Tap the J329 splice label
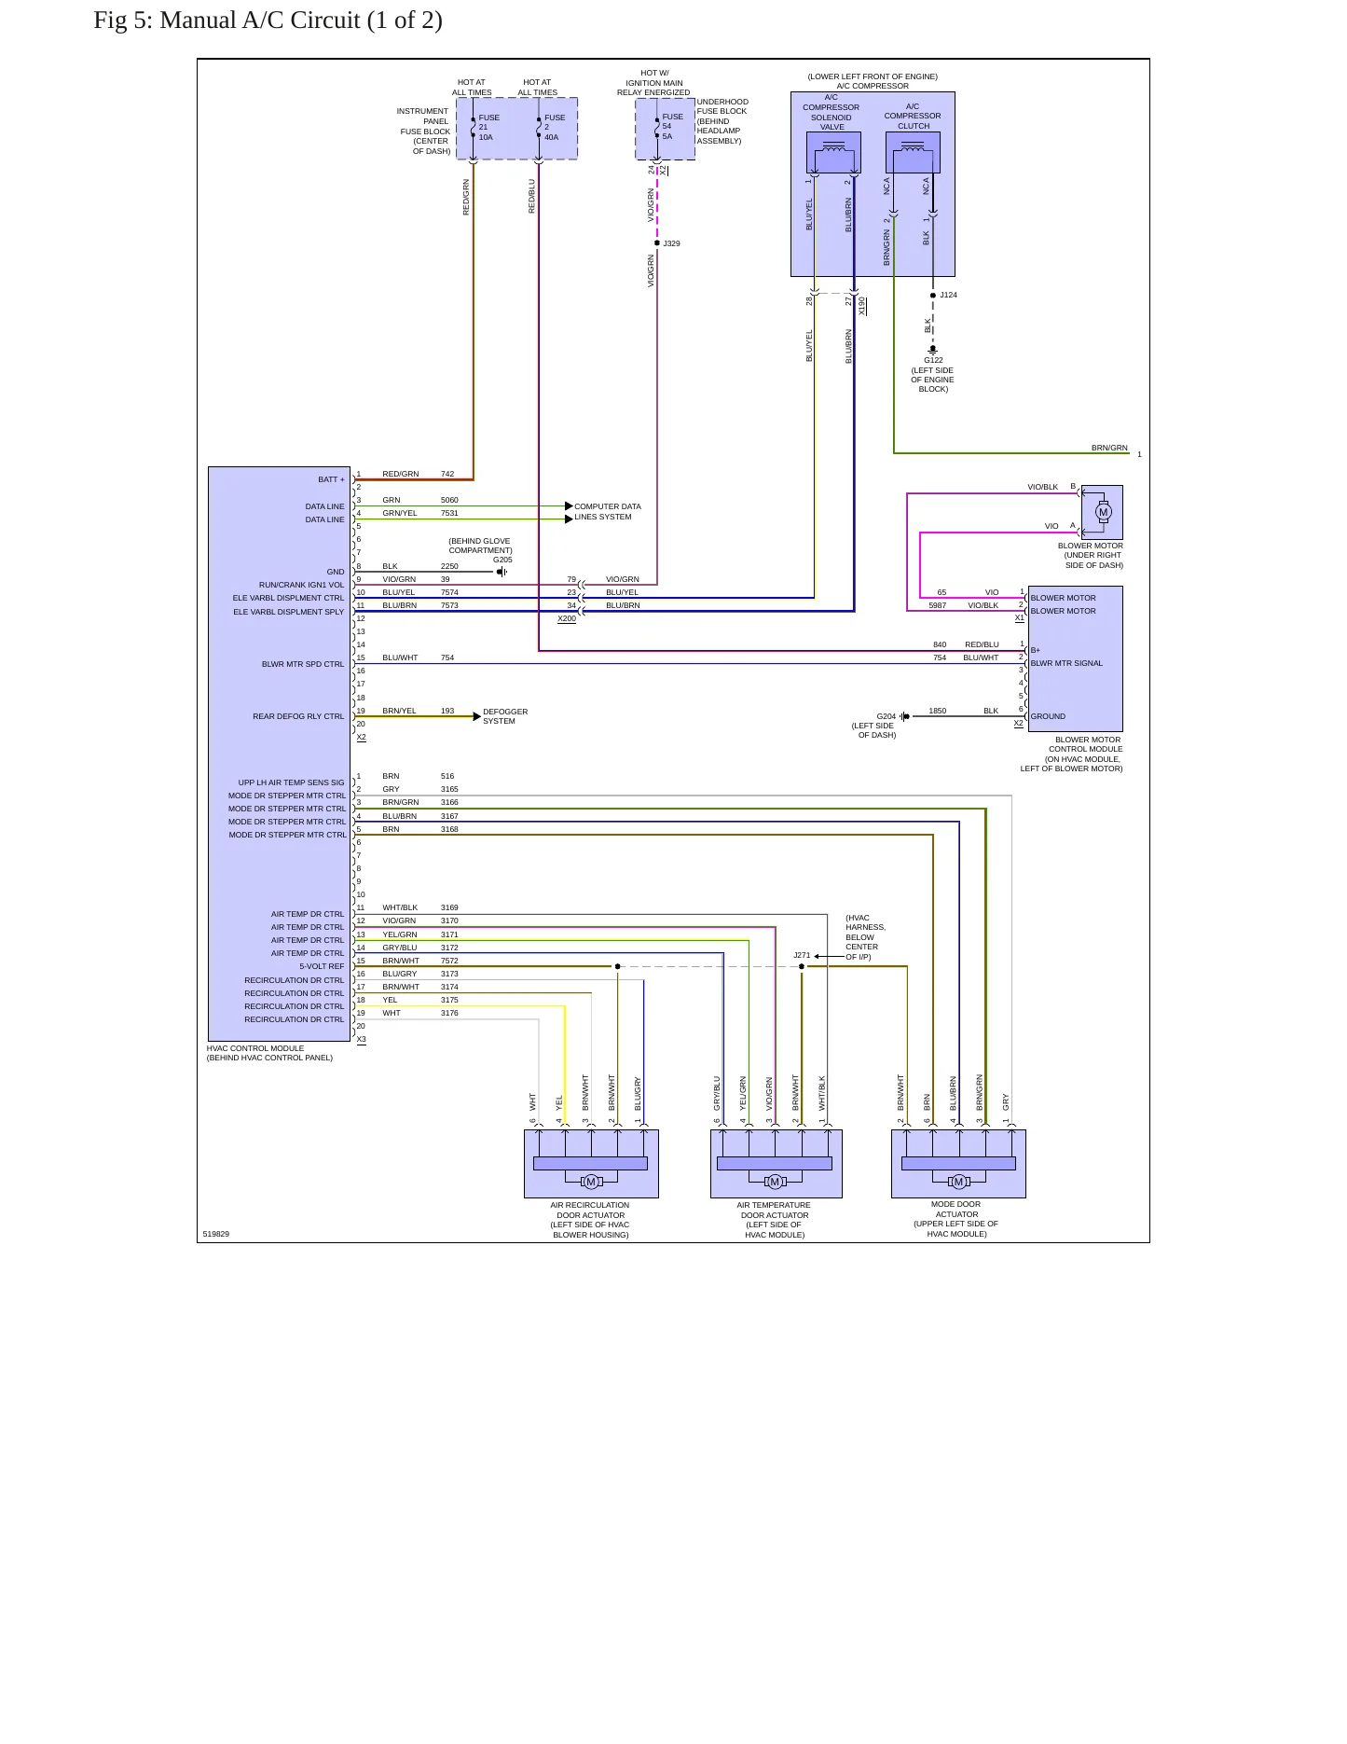pyautogui.click(x=671, y=243)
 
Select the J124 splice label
pyautogui.click(x=948, y=295)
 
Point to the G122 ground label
pyautogui.click(x=933, y=360)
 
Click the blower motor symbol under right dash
pyautogui.click(x=1104, y=512)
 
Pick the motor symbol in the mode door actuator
pyautogui.click(x=958, y=1182)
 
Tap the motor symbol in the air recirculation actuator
pyautogui.click(x=591, y=1182)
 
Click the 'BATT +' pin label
pyautogui.click(x=331, y=479)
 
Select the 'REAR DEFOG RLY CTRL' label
pyautogui.click(x=298, y=716)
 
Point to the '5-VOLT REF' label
pyautogui.click(x=322, y=966)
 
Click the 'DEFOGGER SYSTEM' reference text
pyautogui.click(x=505, y=716)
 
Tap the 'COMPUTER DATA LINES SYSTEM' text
pyautogui.click(x=608, y=511)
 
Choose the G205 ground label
pyautogui.click(x=502, y=560)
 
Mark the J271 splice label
pyautogui.click(x=802, y=955)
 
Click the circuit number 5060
pyautogui.click(x=449, y=500)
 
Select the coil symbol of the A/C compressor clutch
pyautogui.click(x=913, y=146)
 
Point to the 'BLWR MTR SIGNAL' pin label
pyautogui.click(x=1066, y=663)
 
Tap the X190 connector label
pyautogui.click(x=862, y=306)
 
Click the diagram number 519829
pyautogui.click(x=216, y=1234)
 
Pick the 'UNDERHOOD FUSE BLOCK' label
pyautogui.click(x=722, y=106)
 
